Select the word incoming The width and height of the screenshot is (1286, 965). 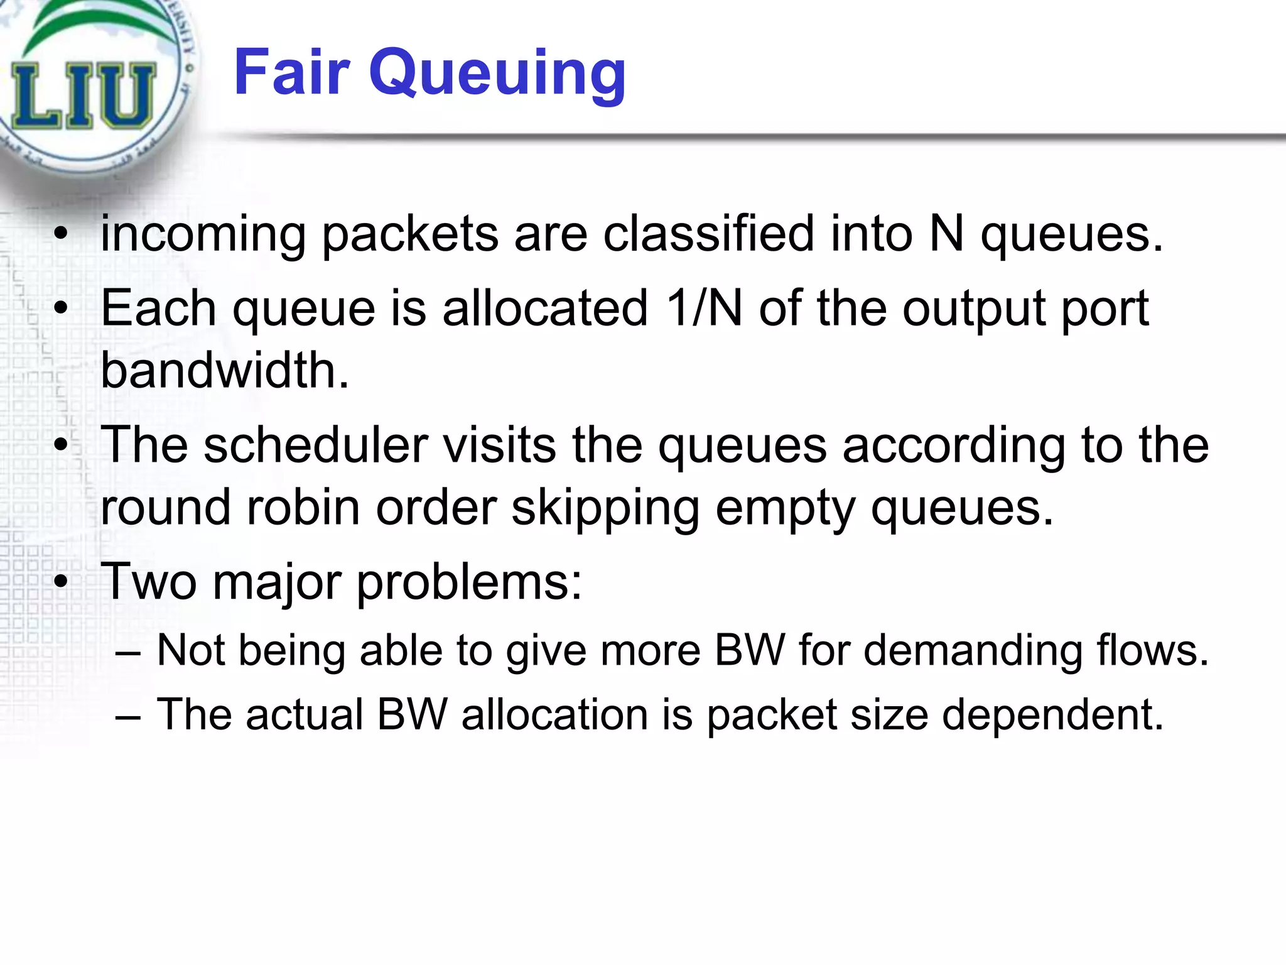[203, 234]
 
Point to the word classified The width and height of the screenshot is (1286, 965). [708, 234]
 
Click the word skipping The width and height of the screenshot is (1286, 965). [605, 508]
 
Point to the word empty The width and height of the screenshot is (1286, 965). [785, 508]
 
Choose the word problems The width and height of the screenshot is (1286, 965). [469, 582]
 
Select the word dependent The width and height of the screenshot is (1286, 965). [1053, 715]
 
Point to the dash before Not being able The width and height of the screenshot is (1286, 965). [128, 652]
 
